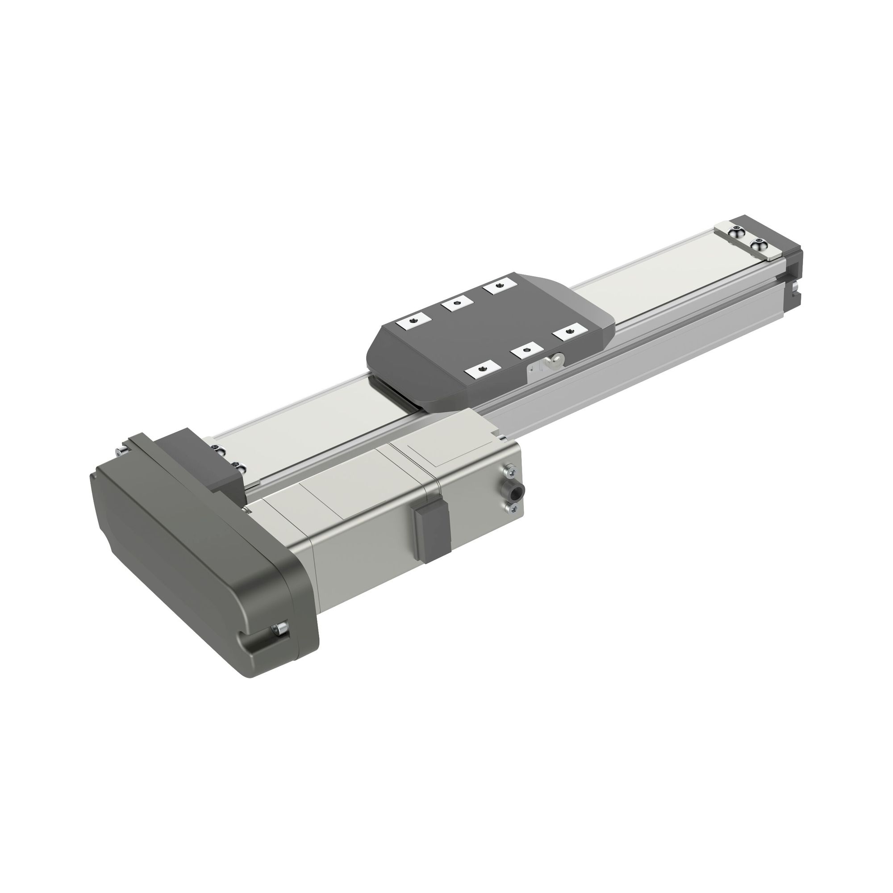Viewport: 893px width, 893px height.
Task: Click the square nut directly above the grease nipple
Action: (526, 351)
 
